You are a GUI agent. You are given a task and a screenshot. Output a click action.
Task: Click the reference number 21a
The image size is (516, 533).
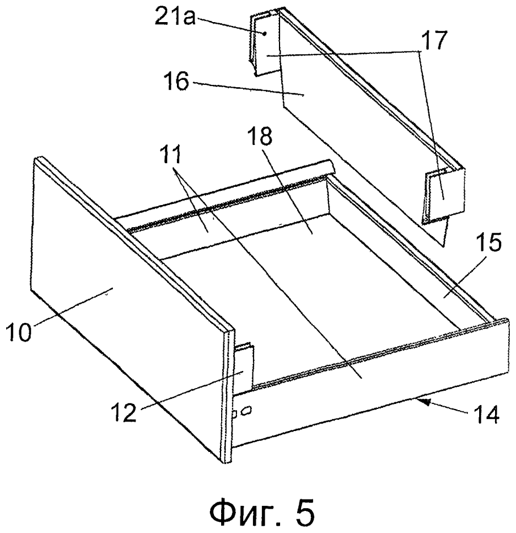175,15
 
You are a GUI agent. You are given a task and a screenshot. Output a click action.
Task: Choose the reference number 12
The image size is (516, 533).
124,412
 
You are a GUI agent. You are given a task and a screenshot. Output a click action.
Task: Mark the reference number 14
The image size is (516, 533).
485,413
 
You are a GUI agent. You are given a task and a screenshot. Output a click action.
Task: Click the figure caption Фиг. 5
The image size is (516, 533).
262,511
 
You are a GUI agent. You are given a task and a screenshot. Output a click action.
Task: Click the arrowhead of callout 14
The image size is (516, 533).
421,402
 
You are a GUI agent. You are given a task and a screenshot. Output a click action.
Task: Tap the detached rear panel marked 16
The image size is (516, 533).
357,129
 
